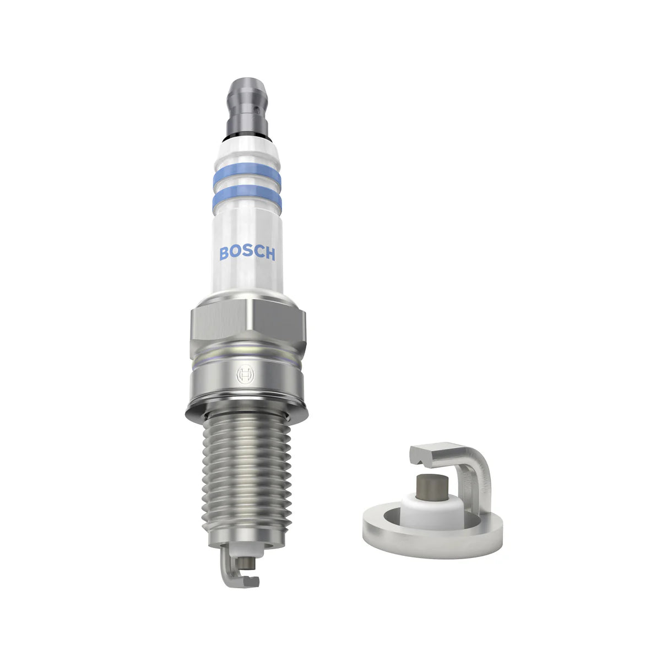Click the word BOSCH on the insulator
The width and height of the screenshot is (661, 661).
click(247, 253)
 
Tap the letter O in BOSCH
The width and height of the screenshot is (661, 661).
click(236, 254)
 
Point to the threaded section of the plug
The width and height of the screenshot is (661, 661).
click(246, 479)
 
